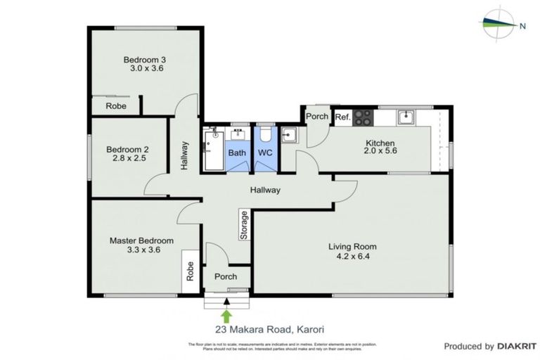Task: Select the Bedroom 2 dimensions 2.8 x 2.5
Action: pos(127,159)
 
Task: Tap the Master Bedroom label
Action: pos(141,240)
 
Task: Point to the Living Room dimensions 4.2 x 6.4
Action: pos(352,257)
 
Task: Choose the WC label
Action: pos(265,153)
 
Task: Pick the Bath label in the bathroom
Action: pos(237,153)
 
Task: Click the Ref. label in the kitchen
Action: pos(342,117)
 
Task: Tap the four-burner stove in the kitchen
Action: pos(364,117)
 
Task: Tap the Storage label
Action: pos(244,226)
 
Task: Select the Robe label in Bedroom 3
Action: pos(116,106)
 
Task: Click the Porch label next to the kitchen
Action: pos(317,116)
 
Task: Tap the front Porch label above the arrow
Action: pos(226,276)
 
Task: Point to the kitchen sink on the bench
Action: pos(405,117)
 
